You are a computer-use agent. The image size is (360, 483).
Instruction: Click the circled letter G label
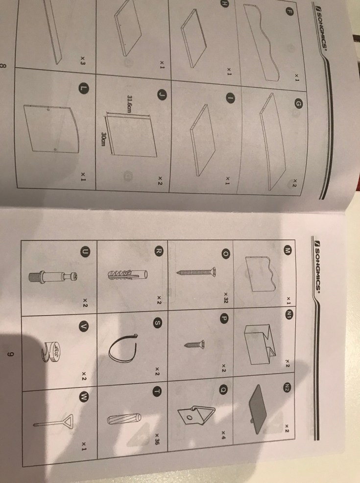click(x=298, y=105)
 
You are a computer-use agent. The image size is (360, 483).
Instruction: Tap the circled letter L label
click(x=83, y=88)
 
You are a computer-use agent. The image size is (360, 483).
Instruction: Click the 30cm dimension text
click(x=103, y=139)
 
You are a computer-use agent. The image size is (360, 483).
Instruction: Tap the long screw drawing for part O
click(x=196, y=272)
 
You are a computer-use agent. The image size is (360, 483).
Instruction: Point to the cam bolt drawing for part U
click(x=53, y=276)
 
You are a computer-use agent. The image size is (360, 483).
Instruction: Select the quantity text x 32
click(x=226, y=297)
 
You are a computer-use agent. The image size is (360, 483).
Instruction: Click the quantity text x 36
click(x=157, y=438)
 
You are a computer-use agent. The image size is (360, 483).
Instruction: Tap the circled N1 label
click(x=289, y=314)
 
